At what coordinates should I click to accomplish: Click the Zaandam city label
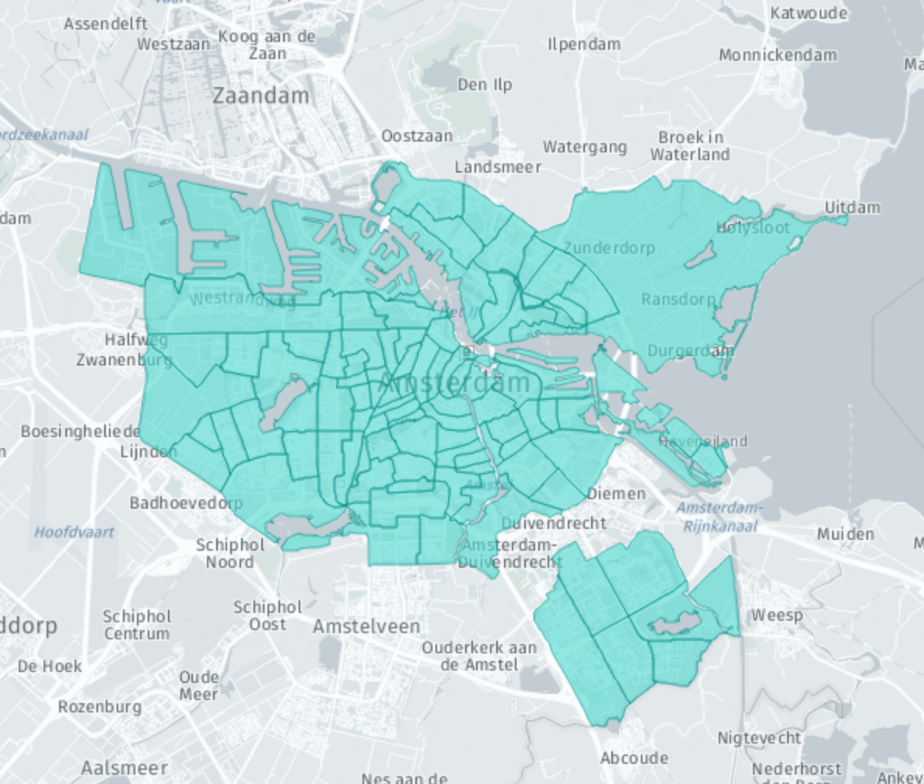point(261,96)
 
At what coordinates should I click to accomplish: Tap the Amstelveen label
point(366,626)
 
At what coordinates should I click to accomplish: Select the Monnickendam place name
point(778,55)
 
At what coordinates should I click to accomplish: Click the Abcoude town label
point(634,758)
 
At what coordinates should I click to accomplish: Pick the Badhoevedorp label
point(186,502)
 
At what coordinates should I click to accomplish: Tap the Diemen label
point(616,494)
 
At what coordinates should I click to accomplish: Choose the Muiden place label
point(845,534)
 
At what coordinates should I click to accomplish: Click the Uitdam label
point(852,207)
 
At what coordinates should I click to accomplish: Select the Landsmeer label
point(498,167)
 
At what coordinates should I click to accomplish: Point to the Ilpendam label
point(584,44)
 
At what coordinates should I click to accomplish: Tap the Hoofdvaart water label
point(74,533)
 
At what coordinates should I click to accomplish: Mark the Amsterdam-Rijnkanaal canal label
point(720,517)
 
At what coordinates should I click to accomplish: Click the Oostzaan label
point(417,136)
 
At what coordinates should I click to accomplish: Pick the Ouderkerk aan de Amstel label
point(479,656)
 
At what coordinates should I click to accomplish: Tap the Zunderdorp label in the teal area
point(609,248)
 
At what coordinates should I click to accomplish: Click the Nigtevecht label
point(759,737)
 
